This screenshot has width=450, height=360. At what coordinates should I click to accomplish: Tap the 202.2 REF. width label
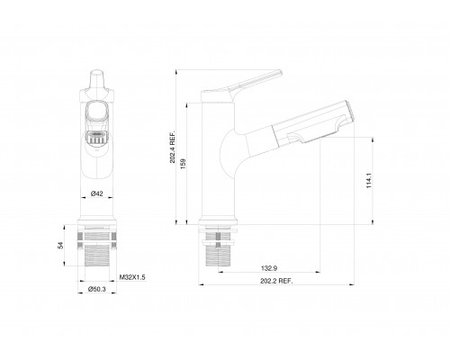(x=279, y=282)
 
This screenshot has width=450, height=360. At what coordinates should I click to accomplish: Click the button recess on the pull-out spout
(x=297, y=133)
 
